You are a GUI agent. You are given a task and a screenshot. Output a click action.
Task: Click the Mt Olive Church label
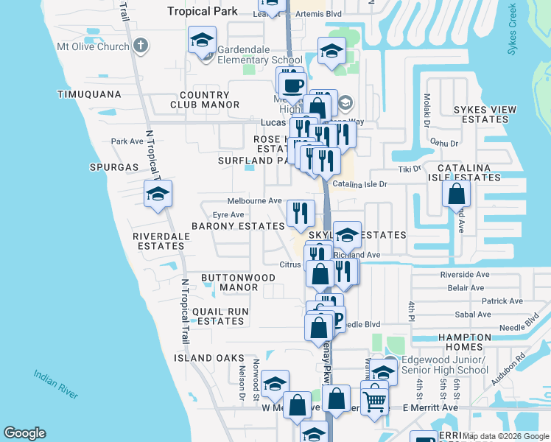coord(93,46)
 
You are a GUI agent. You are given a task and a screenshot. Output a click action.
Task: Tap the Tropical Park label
coord(203,11)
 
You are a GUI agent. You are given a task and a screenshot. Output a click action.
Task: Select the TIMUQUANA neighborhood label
coord(88,95)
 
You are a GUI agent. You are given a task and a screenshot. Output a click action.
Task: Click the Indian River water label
coord(55,385)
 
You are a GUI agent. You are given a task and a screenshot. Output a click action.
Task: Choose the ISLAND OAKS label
coord(208,358)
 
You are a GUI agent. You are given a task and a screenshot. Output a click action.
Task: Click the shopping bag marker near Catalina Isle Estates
coord(457,194)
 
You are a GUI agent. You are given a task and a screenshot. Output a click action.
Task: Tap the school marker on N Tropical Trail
coord(158,194)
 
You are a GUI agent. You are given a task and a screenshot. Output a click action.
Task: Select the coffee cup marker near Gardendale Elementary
coord(292,83)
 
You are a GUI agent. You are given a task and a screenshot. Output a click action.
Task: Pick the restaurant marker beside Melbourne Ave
coord(301,214)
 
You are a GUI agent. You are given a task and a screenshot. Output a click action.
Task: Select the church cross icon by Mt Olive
coord(140,46)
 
